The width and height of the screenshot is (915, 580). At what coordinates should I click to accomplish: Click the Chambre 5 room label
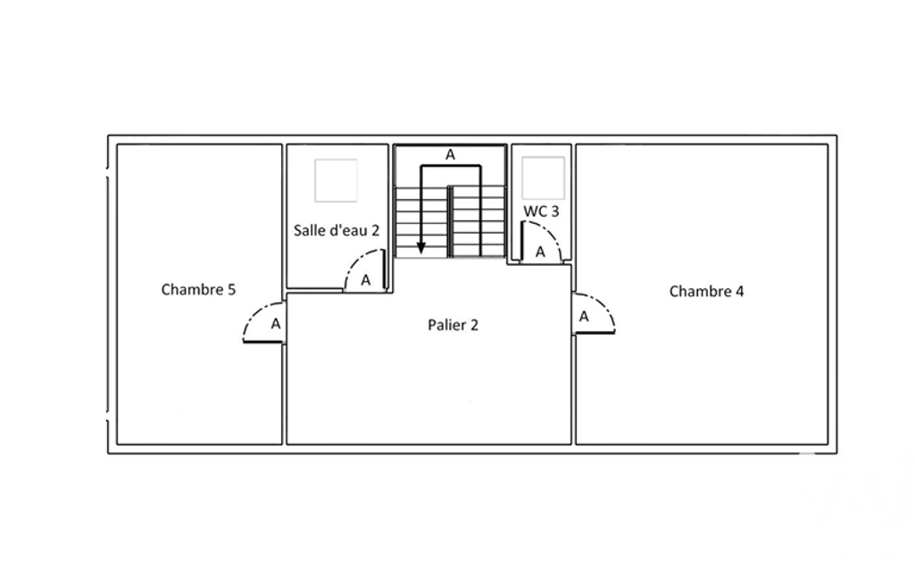(198, 289)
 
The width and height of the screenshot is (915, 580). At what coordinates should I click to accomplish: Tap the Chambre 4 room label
(706, 291)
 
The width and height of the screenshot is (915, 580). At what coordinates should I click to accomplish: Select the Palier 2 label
(453, 325)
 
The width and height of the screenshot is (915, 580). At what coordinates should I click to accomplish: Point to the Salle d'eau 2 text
(337, 230)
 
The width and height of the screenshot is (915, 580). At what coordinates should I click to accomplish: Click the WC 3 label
(541, 211)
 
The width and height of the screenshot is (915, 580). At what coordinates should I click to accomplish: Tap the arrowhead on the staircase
(421, 248)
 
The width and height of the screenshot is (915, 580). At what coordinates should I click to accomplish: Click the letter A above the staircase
(450, 154)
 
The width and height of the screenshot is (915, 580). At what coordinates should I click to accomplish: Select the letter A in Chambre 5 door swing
(276, 324)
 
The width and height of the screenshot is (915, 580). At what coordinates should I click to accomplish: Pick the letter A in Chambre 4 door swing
(584, 317)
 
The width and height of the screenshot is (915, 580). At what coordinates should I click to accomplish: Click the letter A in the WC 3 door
(540, 252)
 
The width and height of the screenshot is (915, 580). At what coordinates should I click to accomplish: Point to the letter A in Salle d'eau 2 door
(365, 280)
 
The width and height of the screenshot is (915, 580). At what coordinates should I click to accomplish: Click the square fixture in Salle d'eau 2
(337, 180)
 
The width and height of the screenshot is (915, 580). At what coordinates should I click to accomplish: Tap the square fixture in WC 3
(544, 178)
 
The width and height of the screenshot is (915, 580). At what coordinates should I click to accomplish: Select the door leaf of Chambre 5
(262, 342)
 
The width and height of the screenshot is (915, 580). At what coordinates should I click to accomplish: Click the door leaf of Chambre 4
(594, 333)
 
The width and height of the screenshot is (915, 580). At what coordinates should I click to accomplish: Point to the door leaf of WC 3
(521, 241)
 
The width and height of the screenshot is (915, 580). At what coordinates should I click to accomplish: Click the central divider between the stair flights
(450, 221)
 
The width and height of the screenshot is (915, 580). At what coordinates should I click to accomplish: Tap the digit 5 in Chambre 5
(232, 290)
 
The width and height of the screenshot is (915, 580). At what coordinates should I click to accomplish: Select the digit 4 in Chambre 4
(740, 291)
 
